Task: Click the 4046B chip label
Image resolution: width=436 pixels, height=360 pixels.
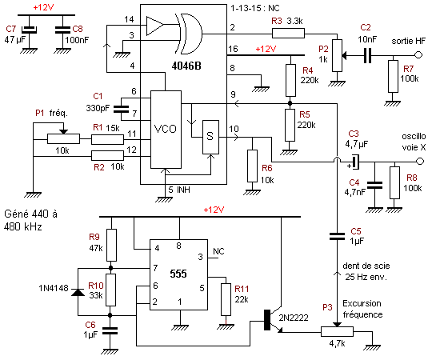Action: [x=186, y=66]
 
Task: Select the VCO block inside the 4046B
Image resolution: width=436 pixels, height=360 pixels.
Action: [x=166, y=130]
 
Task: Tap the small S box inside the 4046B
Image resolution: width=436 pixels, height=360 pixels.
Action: [x=210, y=137]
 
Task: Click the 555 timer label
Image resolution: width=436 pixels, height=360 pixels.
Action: [x=178, y=274]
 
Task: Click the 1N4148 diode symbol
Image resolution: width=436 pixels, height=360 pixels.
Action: [x=78, y=292]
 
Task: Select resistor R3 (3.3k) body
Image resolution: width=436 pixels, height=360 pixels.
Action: [x=288, y=34]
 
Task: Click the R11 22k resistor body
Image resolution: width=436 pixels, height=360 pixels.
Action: [x=226, y=299]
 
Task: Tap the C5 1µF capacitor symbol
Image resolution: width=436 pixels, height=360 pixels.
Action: [x=337, y=236]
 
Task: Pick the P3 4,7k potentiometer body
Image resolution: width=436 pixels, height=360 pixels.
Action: [x=337, y=332]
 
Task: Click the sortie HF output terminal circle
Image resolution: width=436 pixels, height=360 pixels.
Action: [x=418, y=54]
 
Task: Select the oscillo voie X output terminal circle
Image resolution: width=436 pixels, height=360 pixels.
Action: [x=420, y=161]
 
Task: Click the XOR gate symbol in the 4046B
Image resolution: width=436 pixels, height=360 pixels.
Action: [x=189, y=34]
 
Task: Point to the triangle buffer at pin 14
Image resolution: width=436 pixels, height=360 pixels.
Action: [x=154, y=26]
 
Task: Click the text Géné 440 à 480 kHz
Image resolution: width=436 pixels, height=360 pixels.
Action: [x=30, y=220]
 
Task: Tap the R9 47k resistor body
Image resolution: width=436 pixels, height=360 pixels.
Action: [x=111, y=245]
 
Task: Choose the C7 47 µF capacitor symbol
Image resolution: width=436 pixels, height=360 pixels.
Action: [x=29, y=30]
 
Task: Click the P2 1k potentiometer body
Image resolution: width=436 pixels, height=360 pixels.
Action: [x=337, y=55]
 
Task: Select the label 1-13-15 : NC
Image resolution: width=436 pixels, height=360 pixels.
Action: [x=255, y=8]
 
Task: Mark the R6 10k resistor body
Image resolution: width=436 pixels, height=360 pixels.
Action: [x=252, y=166]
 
